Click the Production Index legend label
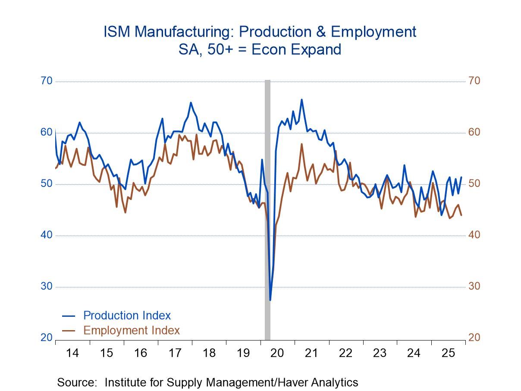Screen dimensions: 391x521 coord(127,315)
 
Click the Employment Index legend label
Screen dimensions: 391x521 coord(131,331)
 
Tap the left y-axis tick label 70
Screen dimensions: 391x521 coord(47,81)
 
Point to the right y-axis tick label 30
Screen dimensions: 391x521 coord(474,287)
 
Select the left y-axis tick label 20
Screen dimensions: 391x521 coord(47,338)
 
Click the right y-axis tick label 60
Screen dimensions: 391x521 coord(474,132)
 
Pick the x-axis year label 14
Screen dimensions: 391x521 coord(72,353)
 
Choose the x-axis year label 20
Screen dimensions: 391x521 coord(277,353)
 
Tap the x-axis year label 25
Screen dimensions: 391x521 coord(448,353)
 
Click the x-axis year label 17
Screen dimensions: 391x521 coord(175,353)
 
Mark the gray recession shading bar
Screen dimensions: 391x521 coord(267,207)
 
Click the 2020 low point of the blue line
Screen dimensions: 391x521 coord(270,300)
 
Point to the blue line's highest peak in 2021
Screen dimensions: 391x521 coord(301,100)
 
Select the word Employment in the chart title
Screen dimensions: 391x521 coord(369,32)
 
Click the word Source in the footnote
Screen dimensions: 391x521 coord(77,382)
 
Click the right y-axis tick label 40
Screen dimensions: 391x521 coord(474,235)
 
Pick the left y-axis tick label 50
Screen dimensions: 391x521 coord(47,184)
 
